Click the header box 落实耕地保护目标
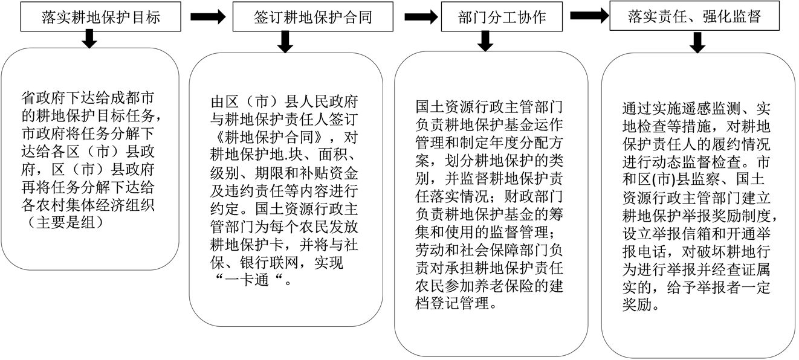pyautogui.click(x=101, y=17)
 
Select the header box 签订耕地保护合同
pyautogui.click(x=312, y=17)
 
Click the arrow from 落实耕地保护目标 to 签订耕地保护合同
pyautogui.click(x=207, y=17)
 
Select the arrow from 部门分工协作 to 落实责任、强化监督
pyautogui.click(x=589, y=16)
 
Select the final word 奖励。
pyautogui.click(x=640, y=304)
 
